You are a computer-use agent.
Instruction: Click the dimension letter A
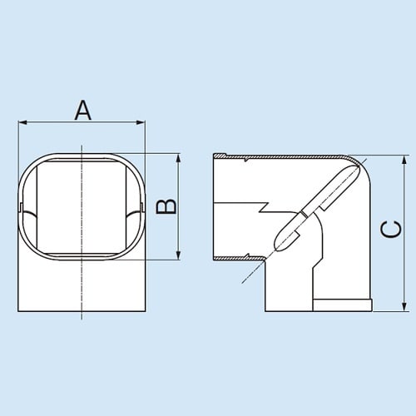[82, 109]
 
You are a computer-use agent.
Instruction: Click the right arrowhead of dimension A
[142, 124]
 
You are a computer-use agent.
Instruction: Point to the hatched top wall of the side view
[283, 157]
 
